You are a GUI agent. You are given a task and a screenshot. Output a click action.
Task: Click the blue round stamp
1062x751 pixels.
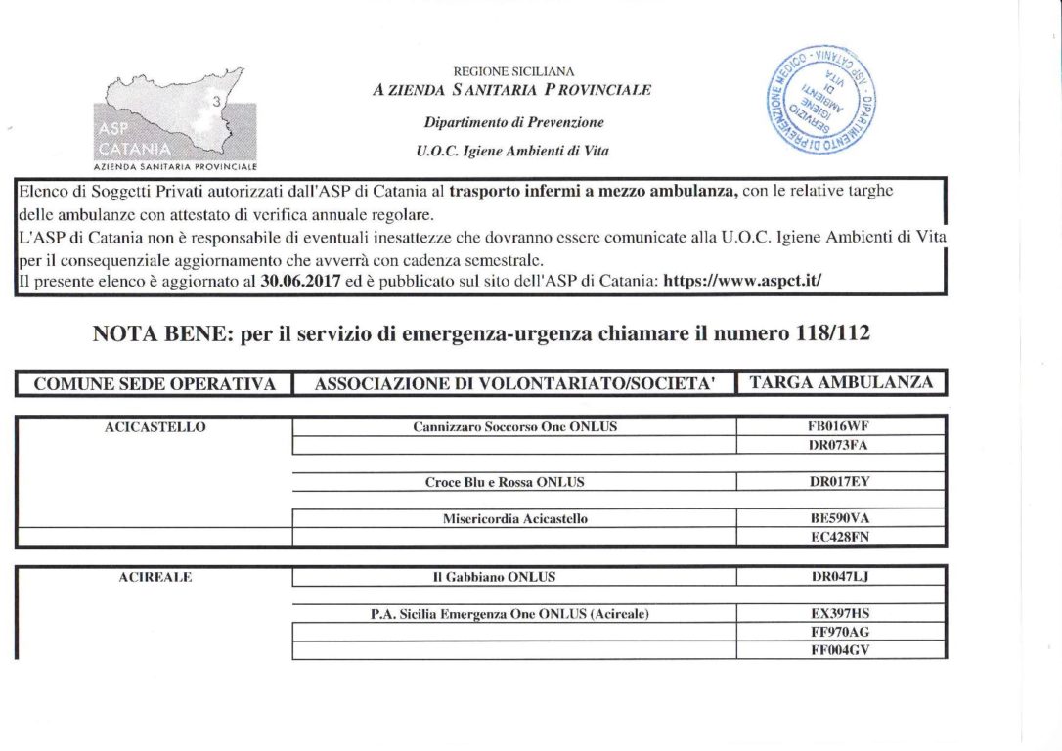(820, 100)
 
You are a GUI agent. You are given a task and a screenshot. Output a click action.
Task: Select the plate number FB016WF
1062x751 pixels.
(840, 426)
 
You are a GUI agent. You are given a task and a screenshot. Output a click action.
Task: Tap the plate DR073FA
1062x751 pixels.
(840, 445)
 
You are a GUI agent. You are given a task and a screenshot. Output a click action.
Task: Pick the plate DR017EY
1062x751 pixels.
(840, 482)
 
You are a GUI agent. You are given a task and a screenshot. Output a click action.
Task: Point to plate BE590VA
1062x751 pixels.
(840, 519)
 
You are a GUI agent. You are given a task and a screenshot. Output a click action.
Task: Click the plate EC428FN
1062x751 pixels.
(840, 537)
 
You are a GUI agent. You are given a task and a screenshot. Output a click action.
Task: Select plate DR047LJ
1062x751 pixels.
(840, 577)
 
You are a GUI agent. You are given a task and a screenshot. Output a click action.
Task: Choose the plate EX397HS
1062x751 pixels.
(840, 614)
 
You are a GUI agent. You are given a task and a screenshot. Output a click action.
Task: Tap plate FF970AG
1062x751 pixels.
(840, 632)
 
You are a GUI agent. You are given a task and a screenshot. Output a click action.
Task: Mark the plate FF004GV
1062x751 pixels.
(840, 649)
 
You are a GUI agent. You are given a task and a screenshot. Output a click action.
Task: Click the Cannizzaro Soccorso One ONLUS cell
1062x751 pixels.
(514, 426)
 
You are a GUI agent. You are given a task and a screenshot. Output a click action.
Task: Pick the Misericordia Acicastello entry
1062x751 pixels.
(514, 519)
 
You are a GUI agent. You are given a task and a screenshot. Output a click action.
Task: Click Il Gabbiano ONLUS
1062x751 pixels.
(494, 577)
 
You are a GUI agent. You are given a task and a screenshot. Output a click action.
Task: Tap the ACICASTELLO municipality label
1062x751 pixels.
(155, 426)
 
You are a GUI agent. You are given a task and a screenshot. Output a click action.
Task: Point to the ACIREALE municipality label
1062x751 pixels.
(155, 577)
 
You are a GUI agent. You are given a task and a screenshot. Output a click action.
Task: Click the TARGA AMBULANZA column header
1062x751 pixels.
(841, 383)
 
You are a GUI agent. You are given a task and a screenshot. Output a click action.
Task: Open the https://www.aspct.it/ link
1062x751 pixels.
(742, 280)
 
